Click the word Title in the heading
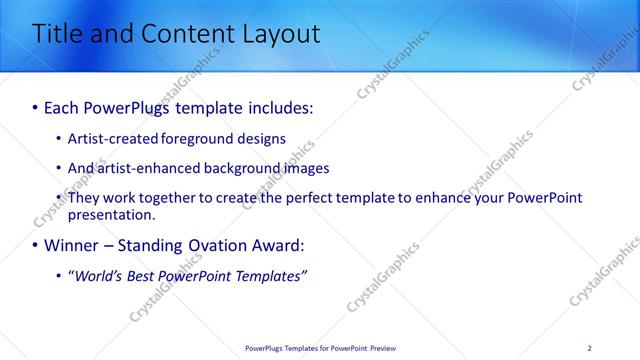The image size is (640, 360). pyautogui.click(x=60, y=34)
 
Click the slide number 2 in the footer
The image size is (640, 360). pyautogui.click(x=589, y=348)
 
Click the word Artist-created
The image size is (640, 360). pyautogui.click(x=112, y=138)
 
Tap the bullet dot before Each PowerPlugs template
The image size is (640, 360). pyautogui.click(x=36, y=106)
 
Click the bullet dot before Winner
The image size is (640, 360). pyautogui.click(x=36, y=245)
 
